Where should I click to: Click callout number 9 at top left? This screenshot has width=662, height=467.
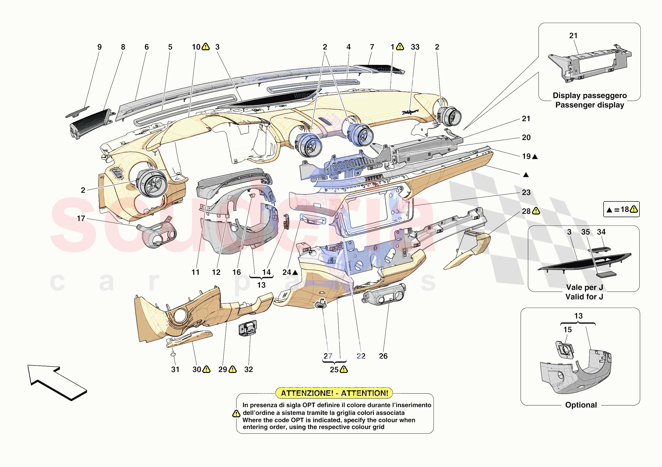[x=100, y=47]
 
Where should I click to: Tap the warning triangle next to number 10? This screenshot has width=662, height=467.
[x=205, y=47]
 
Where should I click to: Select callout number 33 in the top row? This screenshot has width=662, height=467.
[x=415, y=47]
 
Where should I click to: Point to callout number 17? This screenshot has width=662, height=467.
[x=81, y=218]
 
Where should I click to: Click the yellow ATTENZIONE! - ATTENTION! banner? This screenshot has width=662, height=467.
[x=334, y=393]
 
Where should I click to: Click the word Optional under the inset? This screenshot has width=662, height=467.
[x=581, y=405]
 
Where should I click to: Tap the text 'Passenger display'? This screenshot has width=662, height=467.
[x=590, y=105]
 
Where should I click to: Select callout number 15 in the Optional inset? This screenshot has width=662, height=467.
[x=567, y=329]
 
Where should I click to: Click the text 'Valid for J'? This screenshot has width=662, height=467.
[x=584, y=297]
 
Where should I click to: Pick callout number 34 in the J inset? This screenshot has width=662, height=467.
[x=601, y=232]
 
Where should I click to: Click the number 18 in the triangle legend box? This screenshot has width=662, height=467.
[x=625, y=209]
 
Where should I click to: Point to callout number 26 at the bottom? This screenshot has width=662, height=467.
[x=383, y=356]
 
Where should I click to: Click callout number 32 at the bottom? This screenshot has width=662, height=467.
[x=248, y=369]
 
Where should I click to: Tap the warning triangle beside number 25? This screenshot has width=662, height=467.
[x=344, y=369]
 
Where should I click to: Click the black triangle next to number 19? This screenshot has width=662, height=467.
[x=535, y=157]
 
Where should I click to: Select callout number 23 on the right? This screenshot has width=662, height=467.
[x=526, y=192]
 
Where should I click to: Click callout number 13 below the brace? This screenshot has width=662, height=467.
[x=261, y=285]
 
